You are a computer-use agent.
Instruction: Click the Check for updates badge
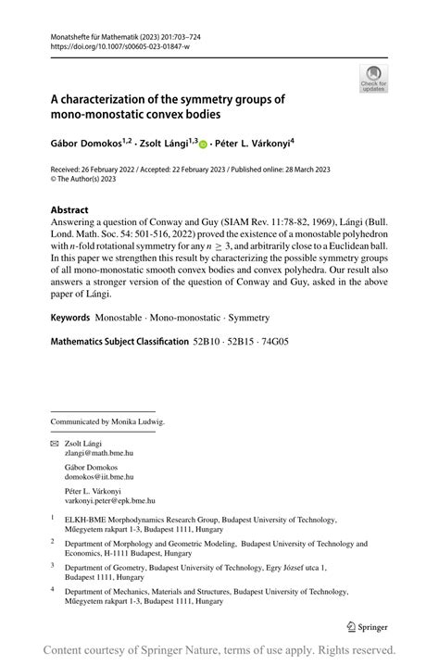pyautogui.click(x=373, y=78)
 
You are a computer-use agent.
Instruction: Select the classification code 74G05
pyautogui.click(x=273, y=342)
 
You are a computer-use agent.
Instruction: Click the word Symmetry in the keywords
pyautogui.click(x=249, y=318)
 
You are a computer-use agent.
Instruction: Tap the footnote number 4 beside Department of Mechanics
pyautogui.click(x=53, y=588)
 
